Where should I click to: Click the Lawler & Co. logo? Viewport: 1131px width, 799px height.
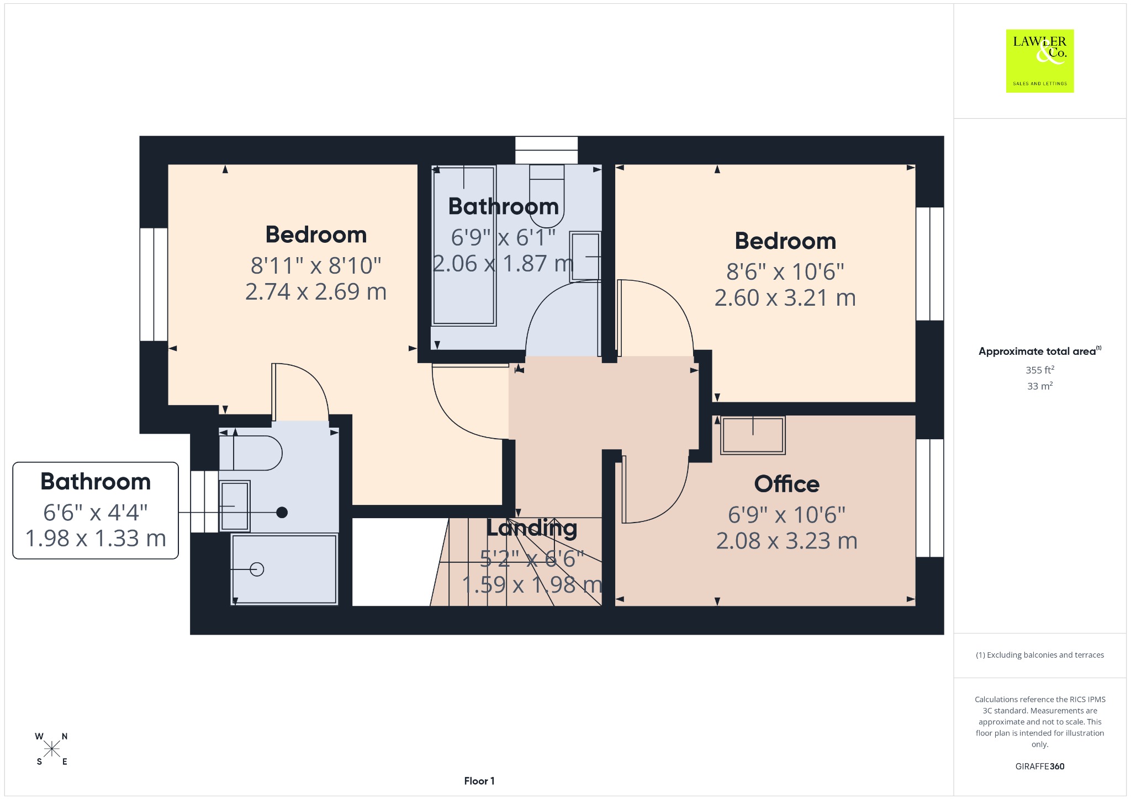click(x=1040, y=61)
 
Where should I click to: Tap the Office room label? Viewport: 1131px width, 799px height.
click(x=786, y=484)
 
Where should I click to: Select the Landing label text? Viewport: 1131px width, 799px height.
click(x=532, y=529)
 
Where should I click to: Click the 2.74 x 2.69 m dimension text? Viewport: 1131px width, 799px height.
click(x=316, y=291)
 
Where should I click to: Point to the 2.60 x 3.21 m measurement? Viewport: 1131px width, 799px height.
click(x=785, y=298)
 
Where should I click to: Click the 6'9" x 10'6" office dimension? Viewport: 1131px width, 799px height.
click(x=786, y=514)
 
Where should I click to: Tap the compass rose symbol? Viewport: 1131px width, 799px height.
click(x=52, y=749)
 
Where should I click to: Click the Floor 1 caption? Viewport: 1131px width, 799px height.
click(x=479, y=781)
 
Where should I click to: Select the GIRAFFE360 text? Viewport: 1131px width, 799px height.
click(x=1040, y=766)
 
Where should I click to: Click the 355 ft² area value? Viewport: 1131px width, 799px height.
click(x=1040, y=370)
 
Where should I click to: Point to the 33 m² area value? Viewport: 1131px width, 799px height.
click(x=1040, y=386)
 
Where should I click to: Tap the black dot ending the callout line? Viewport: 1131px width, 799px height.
click(x=282, y=513)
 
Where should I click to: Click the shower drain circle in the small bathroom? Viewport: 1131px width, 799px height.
click(x=257, y=569)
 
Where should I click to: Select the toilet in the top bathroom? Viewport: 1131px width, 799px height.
click(x=547, y=196)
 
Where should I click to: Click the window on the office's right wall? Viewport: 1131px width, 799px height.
click(x=930, y=498)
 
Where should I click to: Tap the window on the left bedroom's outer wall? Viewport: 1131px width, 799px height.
click(x=154, y=284)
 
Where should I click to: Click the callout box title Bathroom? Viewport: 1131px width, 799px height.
click(x=96, y=482)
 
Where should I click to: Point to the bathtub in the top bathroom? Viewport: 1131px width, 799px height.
click(x=464, y=246)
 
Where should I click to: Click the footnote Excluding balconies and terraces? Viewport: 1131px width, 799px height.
click(x=1040, y=655)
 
